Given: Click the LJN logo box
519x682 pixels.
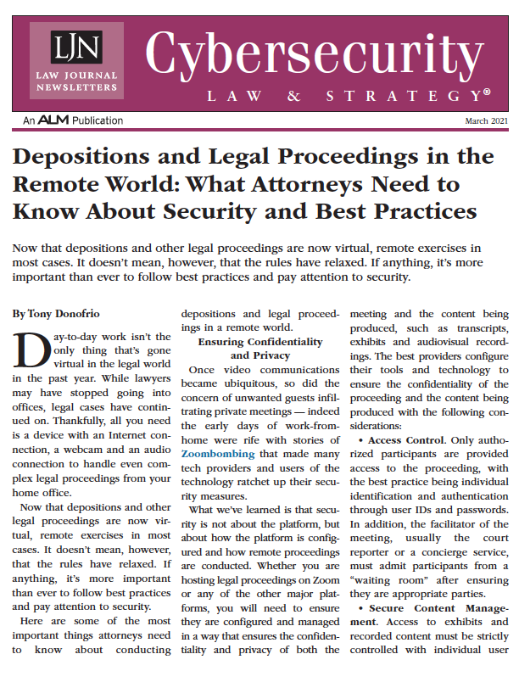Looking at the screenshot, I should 75,60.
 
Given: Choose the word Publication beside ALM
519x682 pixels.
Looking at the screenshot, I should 98,121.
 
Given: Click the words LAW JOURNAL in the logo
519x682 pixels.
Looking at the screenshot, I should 75,75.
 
